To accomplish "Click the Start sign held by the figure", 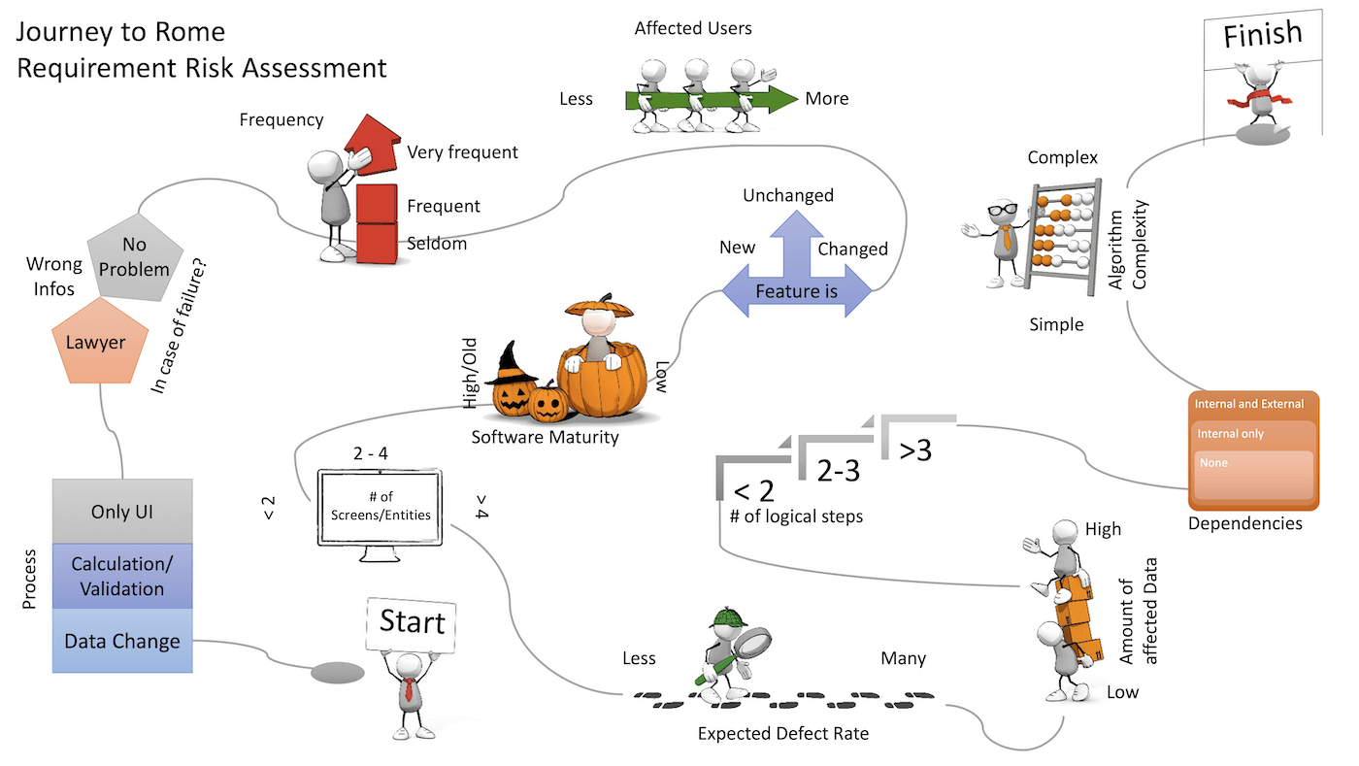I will point(412,623).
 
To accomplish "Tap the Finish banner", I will point(1262,35).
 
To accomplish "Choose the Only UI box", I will point(122,512).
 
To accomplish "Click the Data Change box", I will point(122,641).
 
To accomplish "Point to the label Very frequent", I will point(462,151).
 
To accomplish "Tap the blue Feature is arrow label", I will point(795,291).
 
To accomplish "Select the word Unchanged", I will point(788,195).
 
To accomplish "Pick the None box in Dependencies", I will point(1253,474).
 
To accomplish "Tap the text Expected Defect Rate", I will point(783,733).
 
